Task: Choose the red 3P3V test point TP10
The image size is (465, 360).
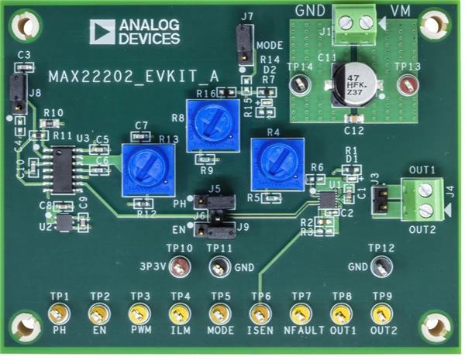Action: tap(180, 269)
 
